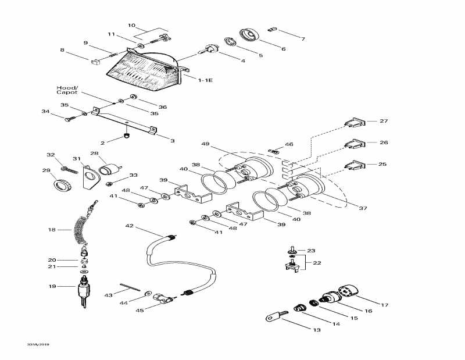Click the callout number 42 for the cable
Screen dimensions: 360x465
(x=129, y=226)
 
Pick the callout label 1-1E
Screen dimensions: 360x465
(x=205, y=80)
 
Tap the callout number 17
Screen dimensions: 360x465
(x=385, y=305)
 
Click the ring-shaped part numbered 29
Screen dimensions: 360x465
(x=62, y=186)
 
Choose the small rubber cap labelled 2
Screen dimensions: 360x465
(x=126, y=137)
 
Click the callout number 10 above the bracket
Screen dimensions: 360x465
(x=131, y=26)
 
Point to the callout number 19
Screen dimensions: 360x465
(x=52, y=286)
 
